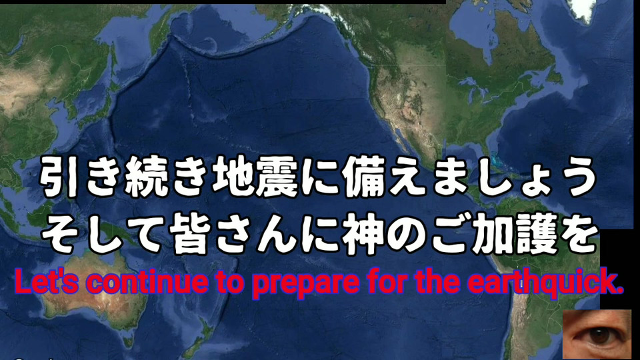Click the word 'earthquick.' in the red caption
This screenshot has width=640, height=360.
click(x=545, y=281)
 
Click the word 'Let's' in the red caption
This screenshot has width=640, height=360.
click(x=46, y=281)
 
